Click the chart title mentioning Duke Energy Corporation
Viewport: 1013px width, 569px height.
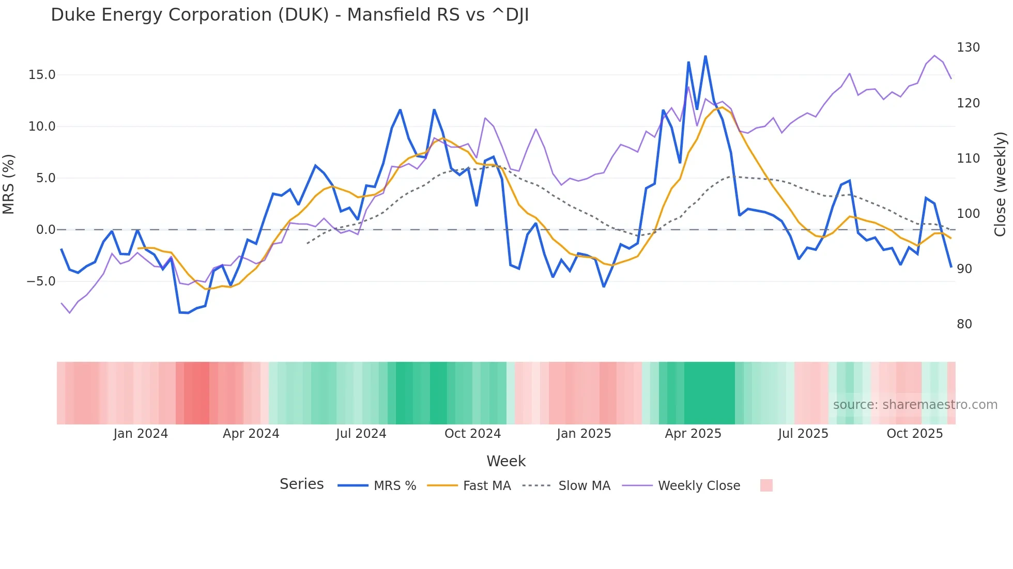tap(289, 15)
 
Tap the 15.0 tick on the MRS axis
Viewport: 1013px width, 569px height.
tap(41, 75)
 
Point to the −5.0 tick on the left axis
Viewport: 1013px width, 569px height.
tap(41, 281)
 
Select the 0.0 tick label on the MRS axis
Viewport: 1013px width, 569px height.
tap(45, 230)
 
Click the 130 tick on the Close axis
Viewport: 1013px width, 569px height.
tap(968, 48)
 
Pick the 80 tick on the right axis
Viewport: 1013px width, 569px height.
tap(964, 324)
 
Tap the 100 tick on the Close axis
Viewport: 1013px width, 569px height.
tap(968, 213)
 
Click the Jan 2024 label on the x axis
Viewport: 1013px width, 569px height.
tap(141, 434)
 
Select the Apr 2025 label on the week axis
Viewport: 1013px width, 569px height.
tap(693, 434)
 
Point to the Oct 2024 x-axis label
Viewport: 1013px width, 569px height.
tap(472, 434)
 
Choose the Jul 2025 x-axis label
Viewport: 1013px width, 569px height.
tap(803, 434)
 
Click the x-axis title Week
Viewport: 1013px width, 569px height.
tap(506, 461)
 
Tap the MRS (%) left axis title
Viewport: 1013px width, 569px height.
tap(9, 184)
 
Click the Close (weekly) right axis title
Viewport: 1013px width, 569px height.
tap(1000, 184)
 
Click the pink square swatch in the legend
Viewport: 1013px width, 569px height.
tap(766, 485)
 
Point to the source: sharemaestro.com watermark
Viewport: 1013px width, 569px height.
tap(915, 405)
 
